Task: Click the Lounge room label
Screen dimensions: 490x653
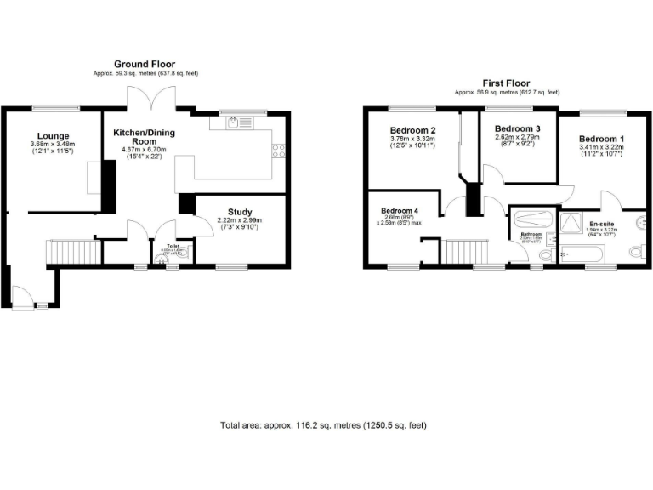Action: tap(53, 136)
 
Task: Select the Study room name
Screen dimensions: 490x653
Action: tap(240, 212)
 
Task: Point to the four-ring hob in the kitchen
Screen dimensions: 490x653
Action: tap(277, 152)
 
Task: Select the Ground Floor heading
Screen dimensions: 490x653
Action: tap(145, 65)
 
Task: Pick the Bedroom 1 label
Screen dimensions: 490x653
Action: tap(601, 139)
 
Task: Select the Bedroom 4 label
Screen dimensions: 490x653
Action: tap(400, 210)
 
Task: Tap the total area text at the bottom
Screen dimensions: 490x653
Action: tap(323, 424)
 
